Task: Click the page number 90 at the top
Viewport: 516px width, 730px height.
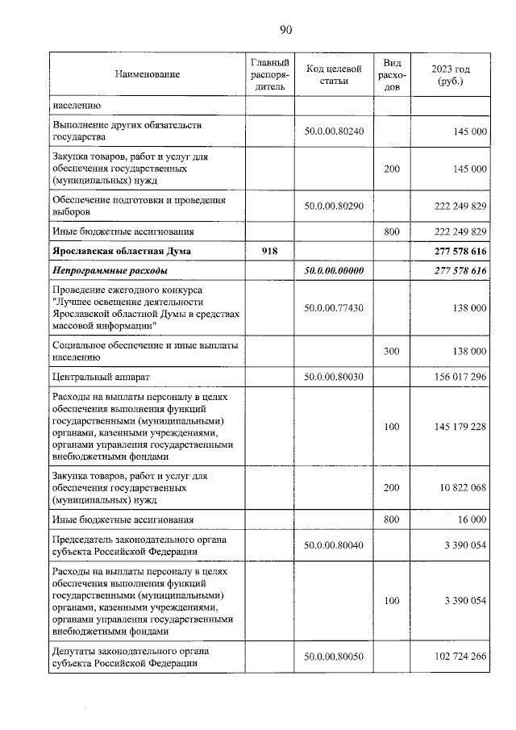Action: (285, 30)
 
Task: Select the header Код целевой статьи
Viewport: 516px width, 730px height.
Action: (334, 74)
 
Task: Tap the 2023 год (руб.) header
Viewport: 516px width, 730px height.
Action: (451, 74)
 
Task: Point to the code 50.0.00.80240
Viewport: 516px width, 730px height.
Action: (334, 131)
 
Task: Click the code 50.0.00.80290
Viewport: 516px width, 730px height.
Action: (334, 206)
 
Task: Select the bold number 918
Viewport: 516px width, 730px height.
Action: (269, 252)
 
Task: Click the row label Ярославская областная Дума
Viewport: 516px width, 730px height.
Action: (122, 252)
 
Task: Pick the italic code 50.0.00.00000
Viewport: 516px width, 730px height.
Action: (334, 271)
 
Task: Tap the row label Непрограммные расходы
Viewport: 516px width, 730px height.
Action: (110, 271)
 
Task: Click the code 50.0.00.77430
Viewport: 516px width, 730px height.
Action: (334, 308)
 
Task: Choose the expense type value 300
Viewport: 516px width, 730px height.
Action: (392, 352)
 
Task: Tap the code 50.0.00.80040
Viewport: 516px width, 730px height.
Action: (334, 545)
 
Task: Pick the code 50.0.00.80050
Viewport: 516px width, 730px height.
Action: (334, 657)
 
